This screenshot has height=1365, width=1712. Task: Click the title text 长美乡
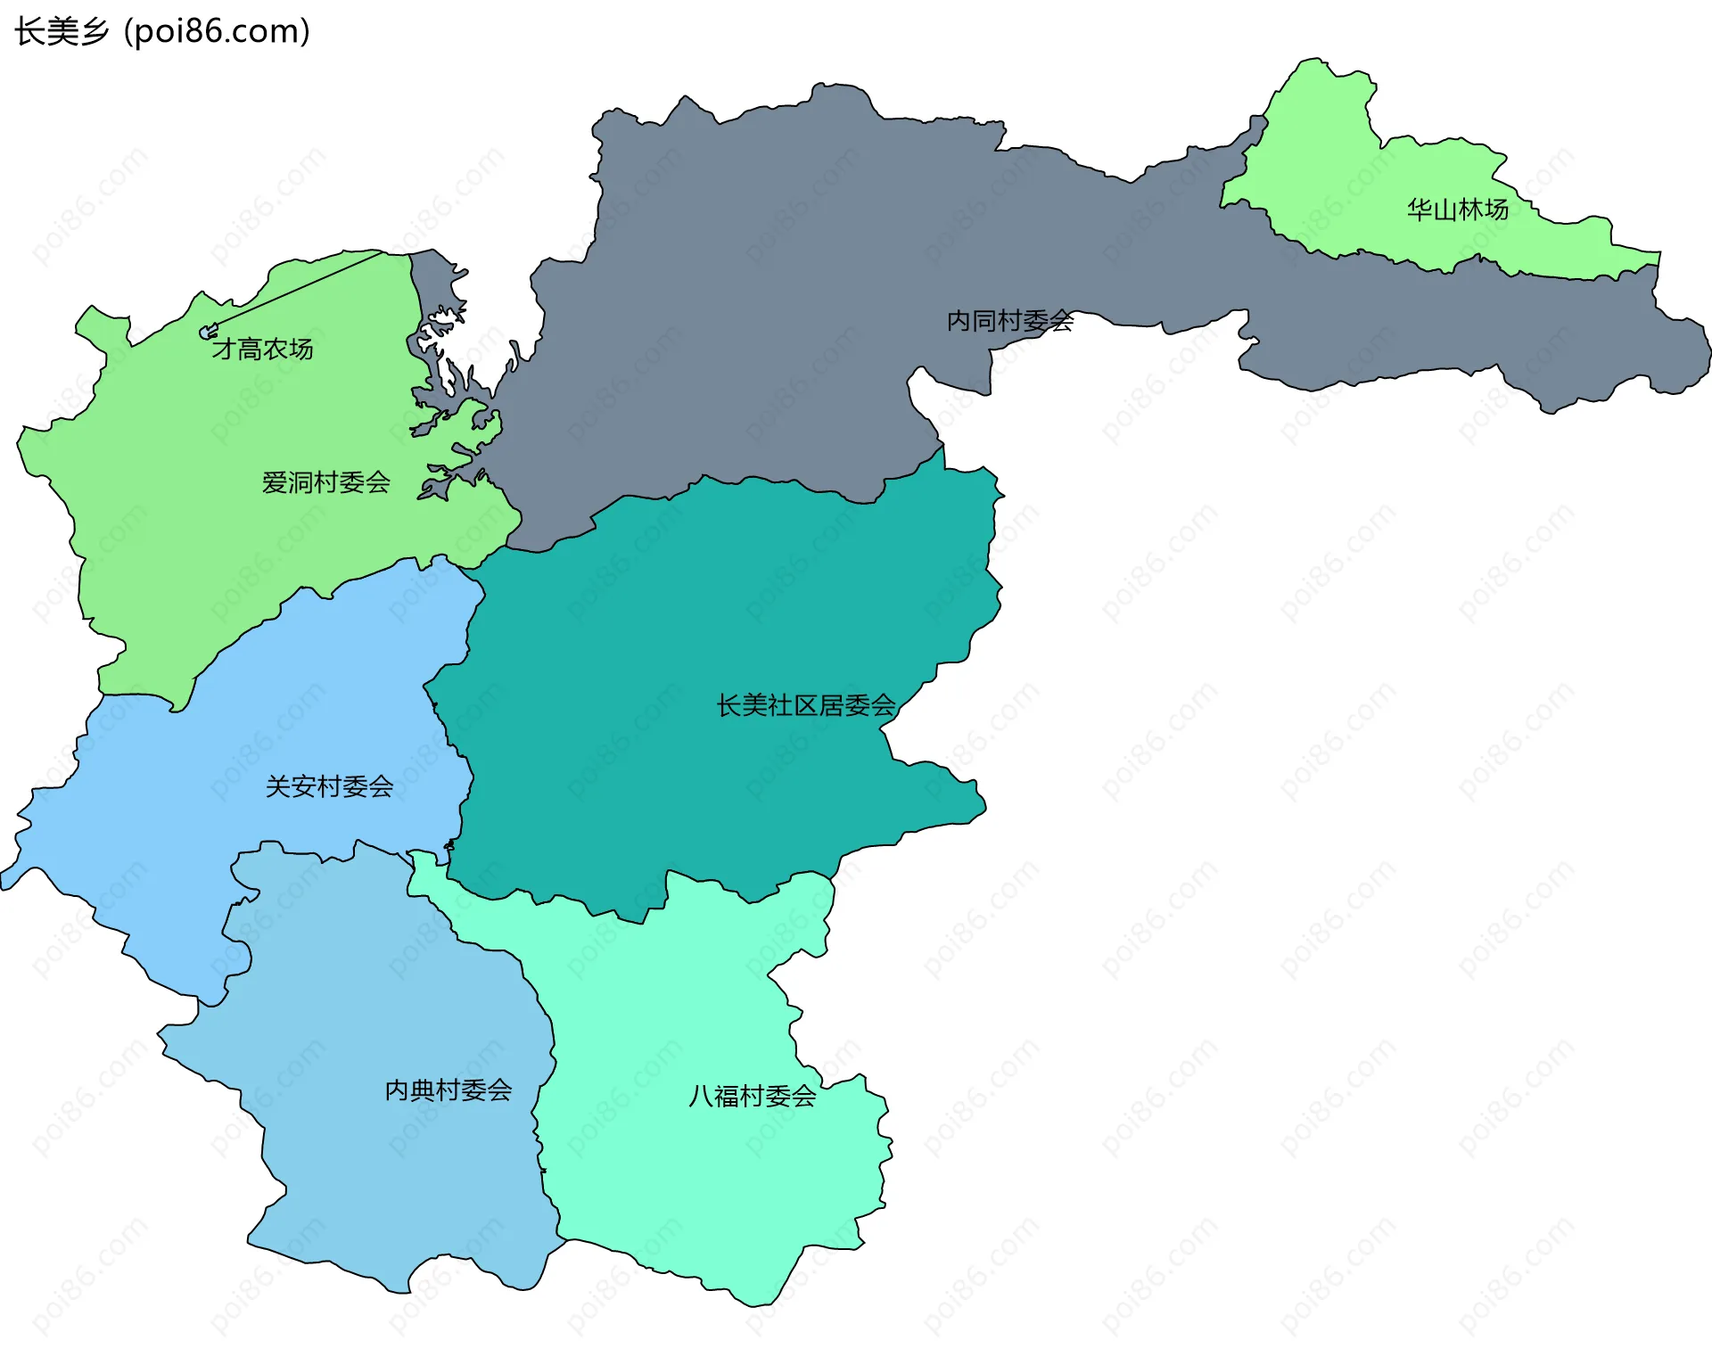tap(62, 32)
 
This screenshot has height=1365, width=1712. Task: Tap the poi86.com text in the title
tap(217, 32)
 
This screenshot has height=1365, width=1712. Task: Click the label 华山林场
tap(1457, 210)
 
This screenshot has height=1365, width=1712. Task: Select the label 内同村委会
tap(1009, 320)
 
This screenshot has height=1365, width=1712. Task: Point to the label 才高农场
tap(262, 349)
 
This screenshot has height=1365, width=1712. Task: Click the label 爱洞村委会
tap(325, 482)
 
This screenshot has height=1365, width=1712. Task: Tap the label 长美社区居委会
tap(805, 705)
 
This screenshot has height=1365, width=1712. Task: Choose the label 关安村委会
tap(329, 786)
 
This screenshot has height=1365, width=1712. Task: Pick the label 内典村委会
tap(448, 1090)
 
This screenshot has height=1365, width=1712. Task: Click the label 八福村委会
tap(752, 1096)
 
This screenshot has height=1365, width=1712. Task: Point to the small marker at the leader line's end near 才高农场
tap(207, 333)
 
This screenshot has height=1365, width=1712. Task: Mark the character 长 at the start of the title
tap(29, 32)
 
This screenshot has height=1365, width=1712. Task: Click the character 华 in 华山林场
tap(1420, 210)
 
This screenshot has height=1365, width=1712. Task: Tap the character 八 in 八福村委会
tap(701, 1096)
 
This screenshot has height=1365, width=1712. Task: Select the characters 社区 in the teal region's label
tap(793, 705)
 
